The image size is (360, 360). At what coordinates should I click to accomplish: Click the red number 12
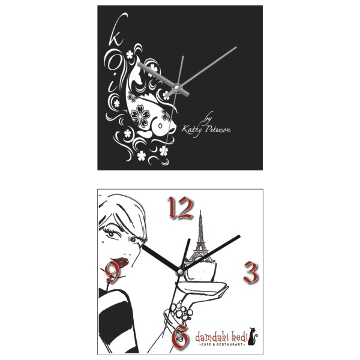click(x=181, y=208)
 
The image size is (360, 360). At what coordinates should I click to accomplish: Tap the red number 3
click(x=251, y=272)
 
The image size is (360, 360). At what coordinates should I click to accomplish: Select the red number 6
click(x=181, y=337)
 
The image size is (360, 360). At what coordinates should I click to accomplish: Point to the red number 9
click(x=113, y=272)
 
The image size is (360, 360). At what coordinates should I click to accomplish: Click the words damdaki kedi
click(x=221, y=337)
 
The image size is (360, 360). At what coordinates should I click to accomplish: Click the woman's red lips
click(x=122, y=262)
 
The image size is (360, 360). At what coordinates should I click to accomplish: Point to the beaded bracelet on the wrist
click(x=181, y=311)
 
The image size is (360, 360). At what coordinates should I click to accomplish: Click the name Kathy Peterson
click(x=206, y=130)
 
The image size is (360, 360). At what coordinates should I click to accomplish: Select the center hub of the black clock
click(x=177, y=88)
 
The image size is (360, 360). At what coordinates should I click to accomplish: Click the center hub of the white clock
click(x=181, y=272)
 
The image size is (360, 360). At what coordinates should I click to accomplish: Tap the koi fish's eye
click(x=160, y=125)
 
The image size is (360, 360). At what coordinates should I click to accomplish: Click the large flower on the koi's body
click(x=140, y=115)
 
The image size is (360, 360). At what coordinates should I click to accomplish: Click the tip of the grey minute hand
click(x=236, y=47)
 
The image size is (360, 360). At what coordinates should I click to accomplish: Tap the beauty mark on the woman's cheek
click(x=104, y=242)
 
